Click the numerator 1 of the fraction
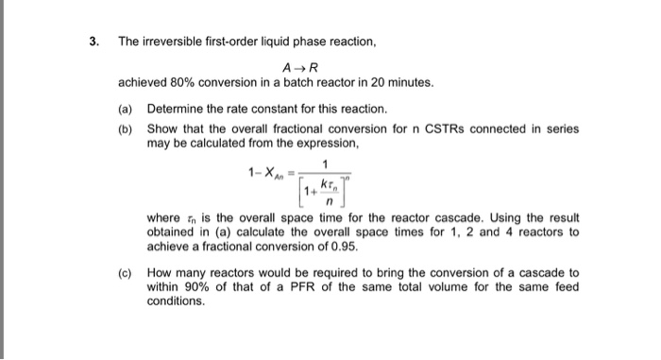[325, 162]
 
